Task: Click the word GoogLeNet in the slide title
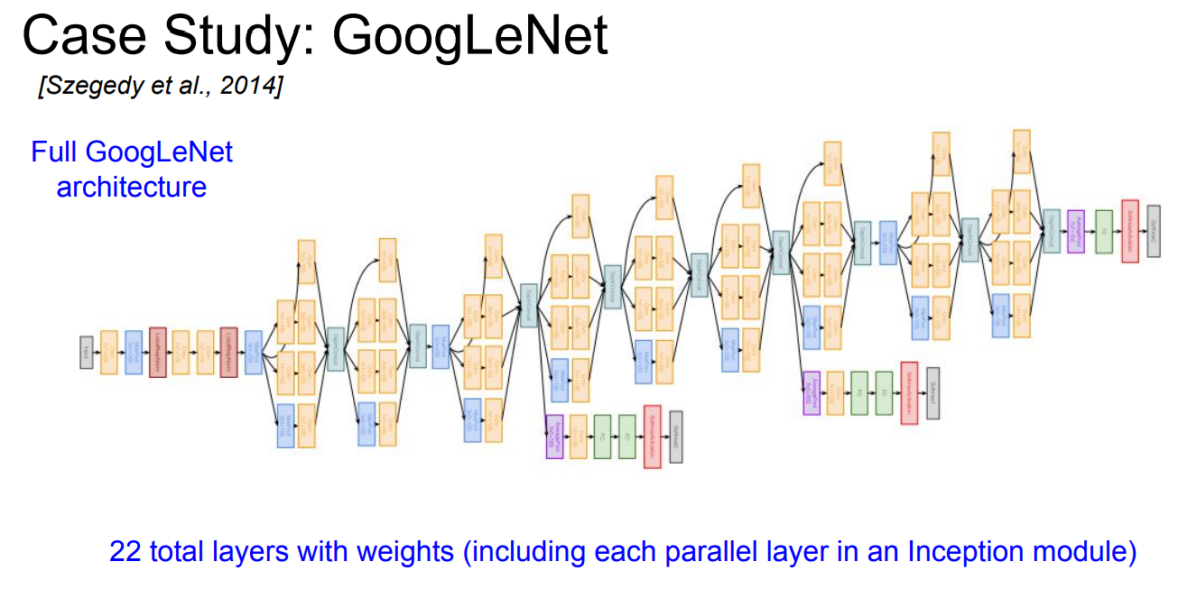(x=468, y=37)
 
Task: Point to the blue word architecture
(x=131, y=187)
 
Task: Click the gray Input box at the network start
(x=87, y=352)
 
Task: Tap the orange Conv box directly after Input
(x=109, y=352)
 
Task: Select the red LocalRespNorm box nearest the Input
(x=158, y=352)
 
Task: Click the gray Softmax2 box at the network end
(x=1154, y=231)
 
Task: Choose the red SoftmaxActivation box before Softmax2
(x=1129, y=231)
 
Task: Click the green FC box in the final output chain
(x=1102, y=231)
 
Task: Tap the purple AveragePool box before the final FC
(x=1075, y=231)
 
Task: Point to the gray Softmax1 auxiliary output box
(x=932, y=393)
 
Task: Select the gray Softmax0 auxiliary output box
(x=675, y=437)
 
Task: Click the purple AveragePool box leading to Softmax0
(x=554, y=437)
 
